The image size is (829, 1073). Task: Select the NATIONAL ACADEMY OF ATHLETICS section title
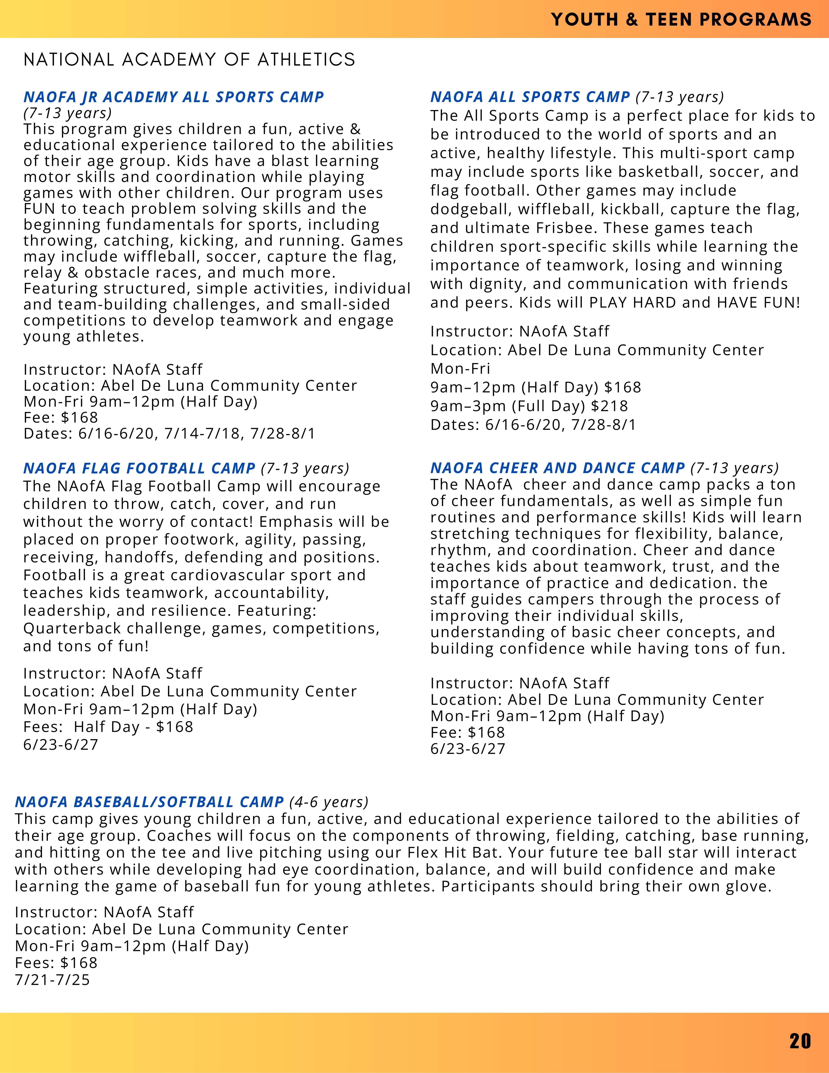click(x=189, y=59)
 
